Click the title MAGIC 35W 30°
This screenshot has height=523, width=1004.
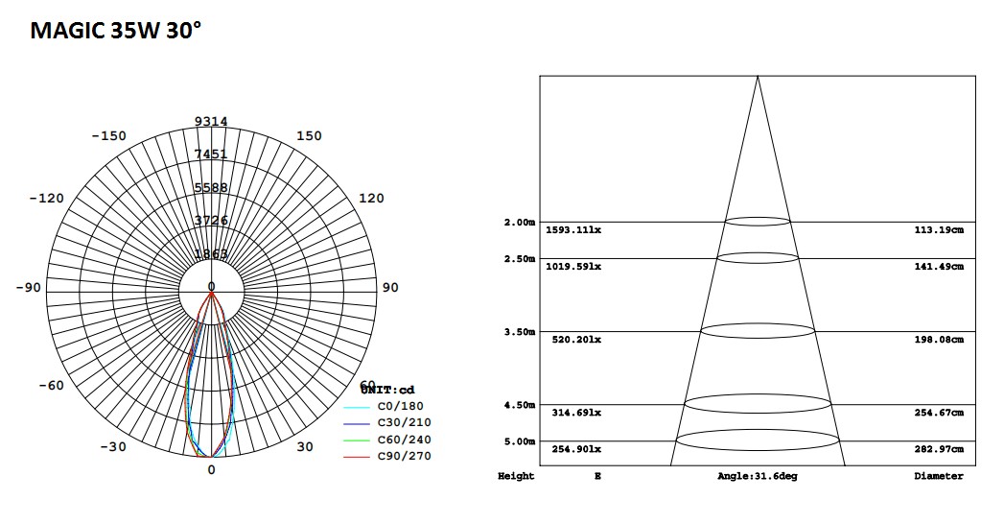(116, 31)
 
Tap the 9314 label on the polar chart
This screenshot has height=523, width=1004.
(211, 121)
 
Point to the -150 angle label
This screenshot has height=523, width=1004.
(108, 136)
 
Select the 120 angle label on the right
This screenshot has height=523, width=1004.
(370, 199)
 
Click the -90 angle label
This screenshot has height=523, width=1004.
(30, 288)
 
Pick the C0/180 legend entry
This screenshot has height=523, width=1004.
(399, 406)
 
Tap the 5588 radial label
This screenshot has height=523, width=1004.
(211, 188)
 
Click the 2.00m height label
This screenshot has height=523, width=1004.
(519, 223)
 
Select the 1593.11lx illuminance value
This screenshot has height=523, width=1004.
(573, 230)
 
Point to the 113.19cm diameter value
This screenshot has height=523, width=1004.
(938, 230)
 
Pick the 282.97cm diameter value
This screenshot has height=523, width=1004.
(938, 449)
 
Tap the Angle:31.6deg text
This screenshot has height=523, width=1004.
(757, 476)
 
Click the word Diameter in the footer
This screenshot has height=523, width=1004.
(938, 476)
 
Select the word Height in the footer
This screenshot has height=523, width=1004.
(516, 476)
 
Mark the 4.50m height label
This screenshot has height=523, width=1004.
(519, 405)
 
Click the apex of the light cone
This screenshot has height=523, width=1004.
(758, 77)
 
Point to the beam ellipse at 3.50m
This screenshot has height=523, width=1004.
(758, 330)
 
